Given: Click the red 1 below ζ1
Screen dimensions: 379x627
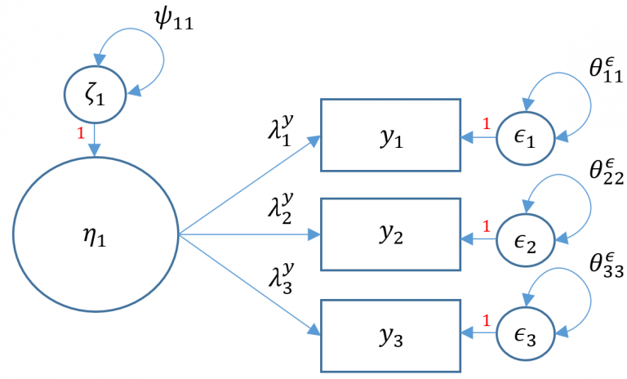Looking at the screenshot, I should (x=80, y=133).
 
